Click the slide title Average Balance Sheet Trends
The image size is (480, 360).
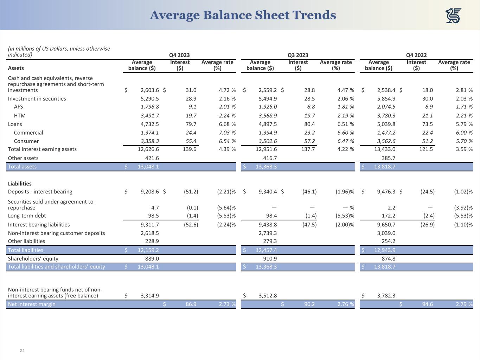pyautogui.click(x=243, y=15)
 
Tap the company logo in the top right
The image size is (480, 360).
pyautogui.click(x=453, y=16)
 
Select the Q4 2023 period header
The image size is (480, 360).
pyautogui.click(x=179, y=55)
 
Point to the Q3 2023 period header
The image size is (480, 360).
pyautogui.click(x=298, y=55)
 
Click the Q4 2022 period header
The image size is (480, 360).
pyautogui.click(x=416, y=55)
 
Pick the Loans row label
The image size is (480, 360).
pyautogui.click(x=15, y=124)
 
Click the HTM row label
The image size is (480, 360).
pyautogui.click(x=20, y=116)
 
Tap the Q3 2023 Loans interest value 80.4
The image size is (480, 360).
pyautogui.click(x=309, y=124)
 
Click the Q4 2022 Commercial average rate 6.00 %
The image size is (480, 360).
pyautogui.click(x=461, y=133)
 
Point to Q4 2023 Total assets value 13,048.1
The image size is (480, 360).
pyautogui.click(x=148, y=167)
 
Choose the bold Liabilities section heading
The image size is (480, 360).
pyautogui.click(x=20, y=184)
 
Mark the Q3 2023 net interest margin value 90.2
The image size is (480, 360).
pyautogui.click(x=309, y=304)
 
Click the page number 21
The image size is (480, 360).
pyautogui.click(x=23, y=351)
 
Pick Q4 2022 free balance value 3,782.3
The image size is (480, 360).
pyautogui.click(x=386, y=296)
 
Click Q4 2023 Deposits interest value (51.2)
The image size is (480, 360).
pyautogui.click(x=191, y=192)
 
